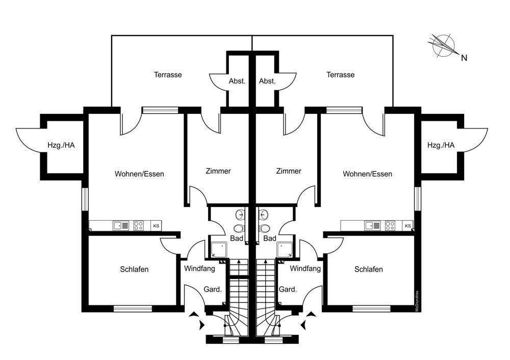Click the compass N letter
click(464, 58)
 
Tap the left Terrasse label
click(168, 75)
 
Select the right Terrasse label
click(341, 75)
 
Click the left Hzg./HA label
click(61, 145)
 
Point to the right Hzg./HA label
click(441, 145)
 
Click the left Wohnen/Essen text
click(139, 174)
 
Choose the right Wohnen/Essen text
click(368, 174)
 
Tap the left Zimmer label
click(218, 171)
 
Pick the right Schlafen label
click(369, 269)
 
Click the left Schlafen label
click(134, 269)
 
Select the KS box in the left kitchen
click(156, 226)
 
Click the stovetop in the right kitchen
click(390, 226)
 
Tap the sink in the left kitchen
click(121, 226)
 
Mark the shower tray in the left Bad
click(217, 250)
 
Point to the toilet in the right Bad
click(264, 228)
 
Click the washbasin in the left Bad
click(240, 214)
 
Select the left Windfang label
click(199, 269)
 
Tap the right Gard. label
click(288, 289)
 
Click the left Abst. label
click(237, 81)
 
